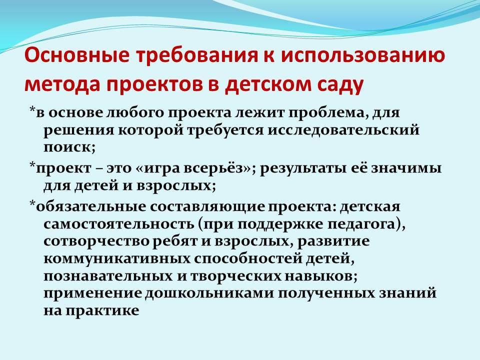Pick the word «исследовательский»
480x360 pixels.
pos(343,130)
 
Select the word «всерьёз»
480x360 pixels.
pos(215,168)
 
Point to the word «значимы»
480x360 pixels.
pos(406,168)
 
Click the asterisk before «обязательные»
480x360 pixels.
pos(32,204)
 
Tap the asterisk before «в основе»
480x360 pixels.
pos(32,110)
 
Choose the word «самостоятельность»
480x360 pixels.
pos(119,224)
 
